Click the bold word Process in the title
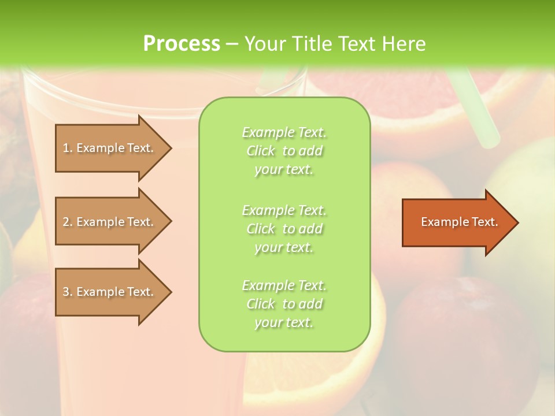point(182,44)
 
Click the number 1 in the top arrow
point(65,148)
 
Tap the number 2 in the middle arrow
point(65,222)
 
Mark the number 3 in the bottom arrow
point(65,292)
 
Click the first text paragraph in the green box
point(284,151)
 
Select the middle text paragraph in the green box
point(284,229)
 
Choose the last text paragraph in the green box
point(284,304)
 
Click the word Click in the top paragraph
point(261,151)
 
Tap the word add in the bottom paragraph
point(312,304)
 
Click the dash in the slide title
point(232,44)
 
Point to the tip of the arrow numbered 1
point(171,148)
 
